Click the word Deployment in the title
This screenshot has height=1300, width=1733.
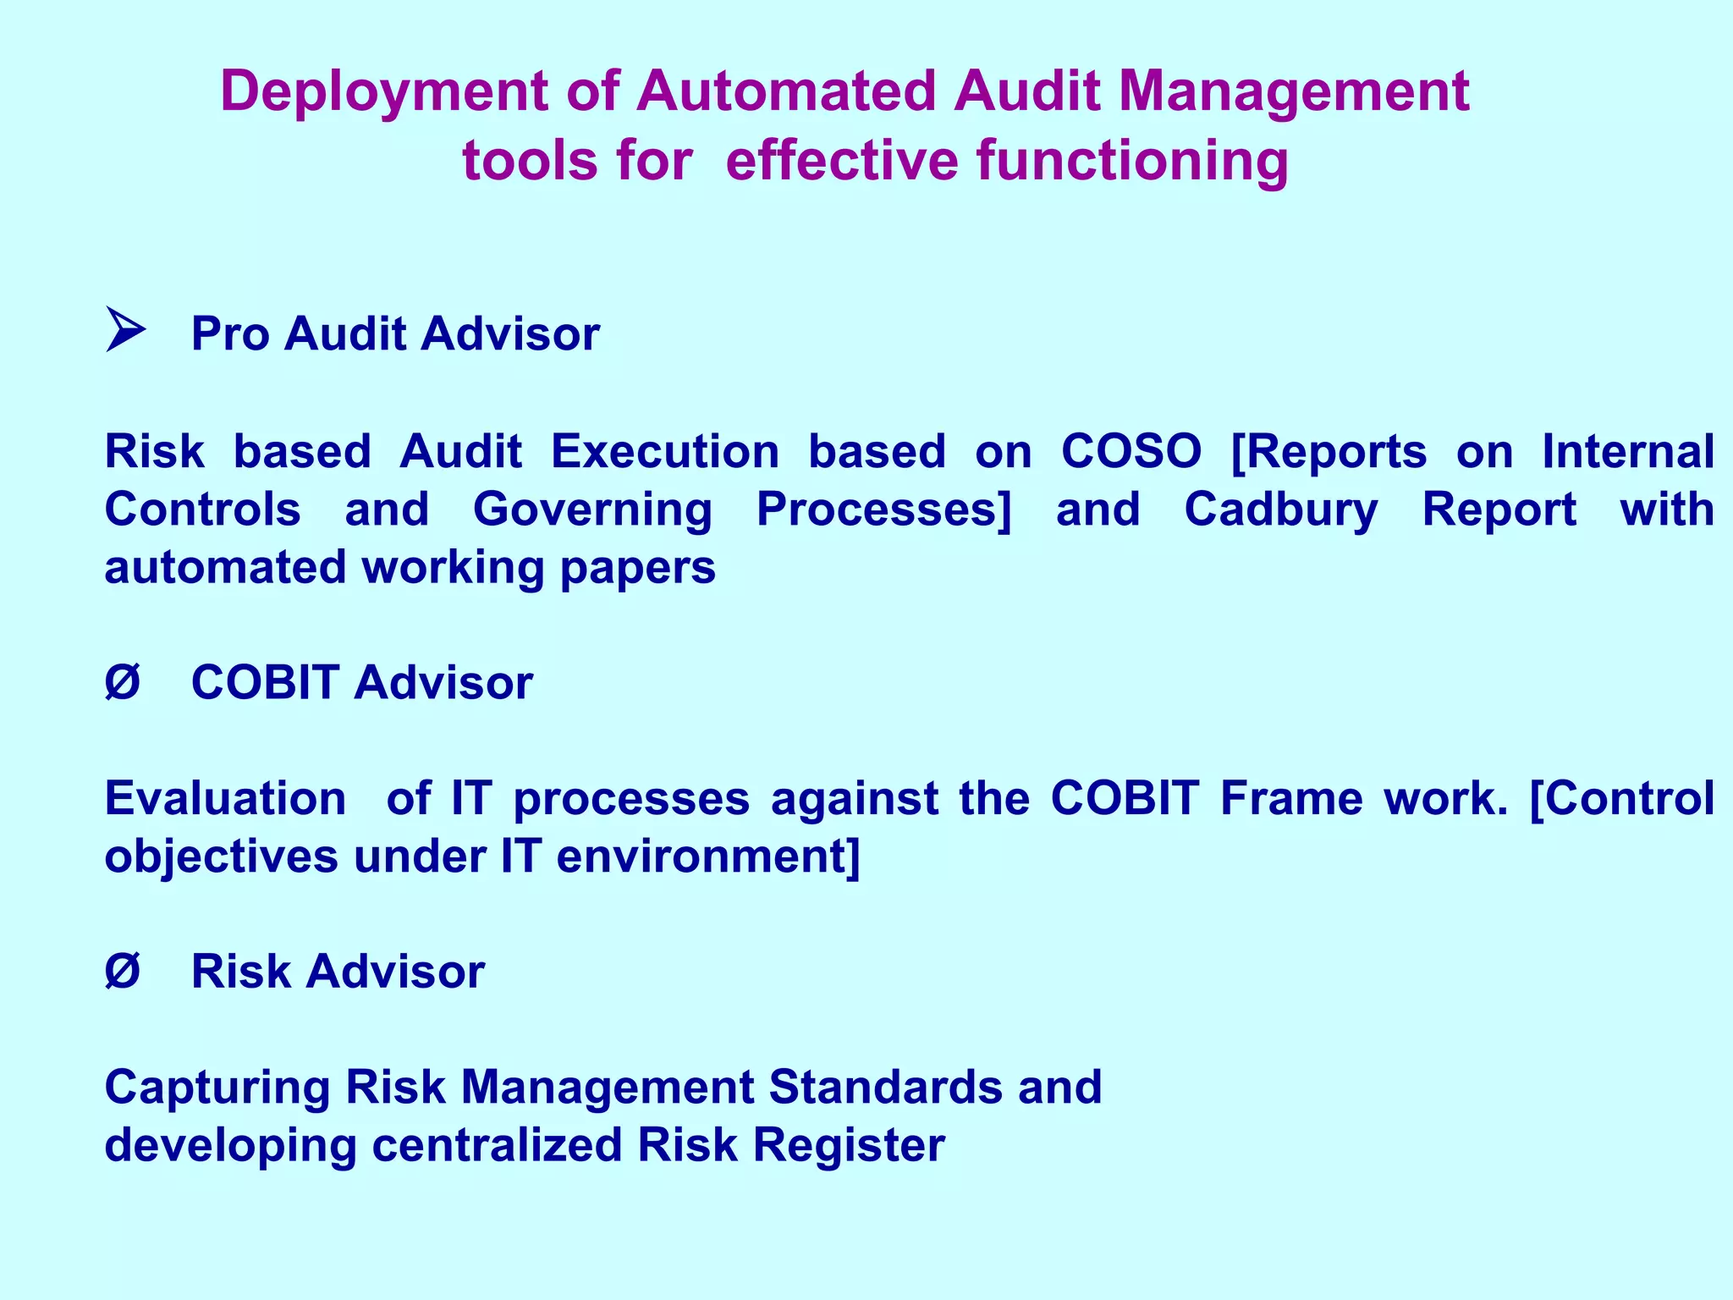pyautogui.click(x=383, y=91)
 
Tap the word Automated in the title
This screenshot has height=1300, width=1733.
pyautogui.click(x=786, y=91)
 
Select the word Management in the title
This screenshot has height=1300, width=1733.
pyautogui.click(x=1294, y=91)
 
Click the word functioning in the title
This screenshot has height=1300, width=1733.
pyautogui.click(x=1133, y=161)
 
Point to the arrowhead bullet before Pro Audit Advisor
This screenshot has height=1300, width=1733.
pyautogui.click(x=125, y=330)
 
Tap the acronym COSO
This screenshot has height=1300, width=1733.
pyautogui.click(x=1131, y=451)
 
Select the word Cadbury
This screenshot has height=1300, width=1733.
pyautogui.click(x=1281, y=510)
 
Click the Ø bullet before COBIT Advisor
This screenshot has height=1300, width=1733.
pyautogui.click(x=123, y=682)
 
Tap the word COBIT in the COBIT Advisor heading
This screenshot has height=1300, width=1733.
pyautogui.click(x=265, y=682)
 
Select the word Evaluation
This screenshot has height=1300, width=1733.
pyautogui.click(x=225, y=798)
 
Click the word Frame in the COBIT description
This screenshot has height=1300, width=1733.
pyautogui.click(x=1291, y=798)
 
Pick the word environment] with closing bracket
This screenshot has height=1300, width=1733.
pyautogui.click(x=708, y=857)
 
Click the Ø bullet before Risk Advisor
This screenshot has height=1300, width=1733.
pyautogui.click(x=123, y=971)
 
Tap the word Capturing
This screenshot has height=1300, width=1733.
pyautogui.click(x=217, y=1088)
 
